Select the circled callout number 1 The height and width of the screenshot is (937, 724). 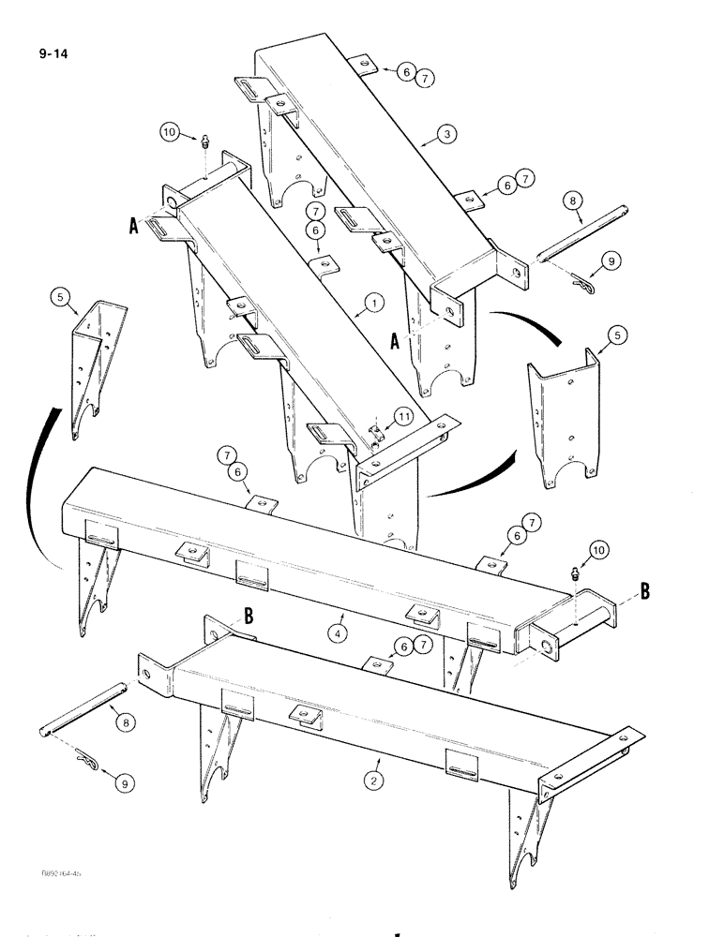click(373, 303)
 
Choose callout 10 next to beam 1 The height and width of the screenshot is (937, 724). click(169, 134)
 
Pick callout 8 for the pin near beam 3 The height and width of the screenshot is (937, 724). click(572, 201)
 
